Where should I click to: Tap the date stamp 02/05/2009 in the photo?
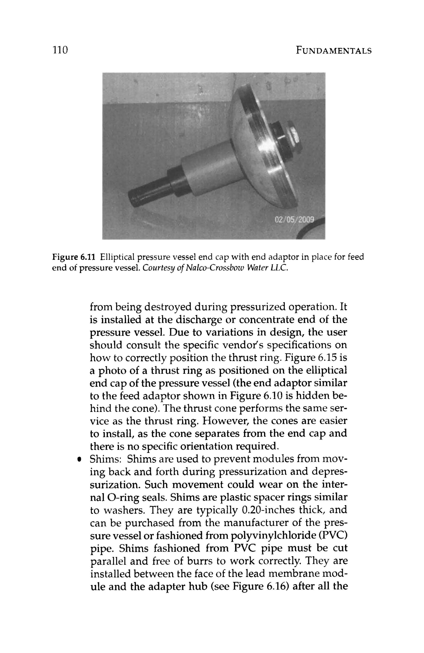click(x=294, y=220)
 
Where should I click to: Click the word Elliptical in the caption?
click(x=117, y=257)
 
